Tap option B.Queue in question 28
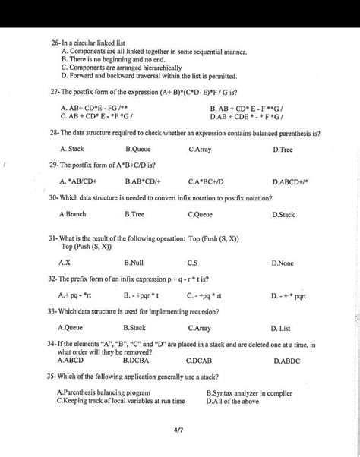[139, 150]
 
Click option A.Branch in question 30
[73, 215]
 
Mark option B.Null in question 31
[134, 262]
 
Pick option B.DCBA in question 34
[136, 361]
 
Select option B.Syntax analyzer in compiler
[249, 392]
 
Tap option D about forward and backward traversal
[149, 76]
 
